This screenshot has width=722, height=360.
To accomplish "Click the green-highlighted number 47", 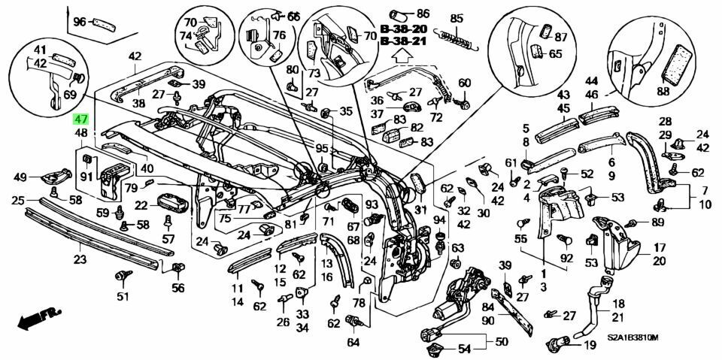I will (x=80, y=119).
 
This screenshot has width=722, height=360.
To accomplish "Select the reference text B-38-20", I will (x=403, y=29).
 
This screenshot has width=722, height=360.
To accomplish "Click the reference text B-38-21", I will (x=403, y=41).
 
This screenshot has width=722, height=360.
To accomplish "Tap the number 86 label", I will (x=423, y=14).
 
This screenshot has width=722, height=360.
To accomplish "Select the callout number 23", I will (x=80, y=260).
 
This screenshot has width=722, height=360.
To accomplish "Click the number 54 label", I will (x=464, y=349).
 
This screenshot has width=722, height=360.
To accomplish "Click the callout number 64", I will (x=353, y=343).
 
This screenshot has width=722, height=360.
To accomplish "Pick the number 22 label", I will (x=142, y=204).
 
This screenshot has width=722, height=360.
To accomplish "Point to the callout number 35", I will (x=345, y=111).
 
